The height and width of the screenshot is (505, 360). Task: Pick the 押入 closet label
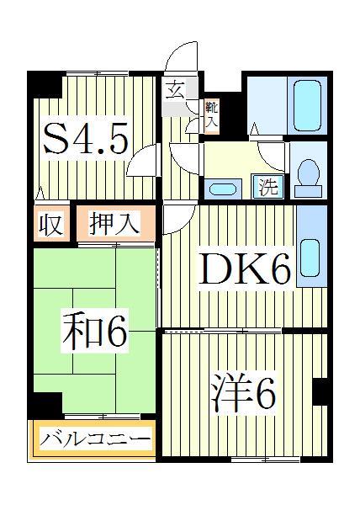(114, 225)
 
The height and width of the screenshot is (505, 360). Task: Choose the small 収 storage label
(51, 225)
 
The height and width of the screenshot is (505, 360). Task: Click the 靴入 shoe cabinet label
(211, 113)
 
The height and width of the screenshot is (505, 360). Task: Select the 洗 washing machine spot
(268, 186)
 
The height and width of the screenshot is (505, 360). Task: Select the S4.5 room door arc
(145, 160)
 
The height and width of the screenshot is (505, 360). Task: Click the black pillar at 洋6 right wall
(319, 391)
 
